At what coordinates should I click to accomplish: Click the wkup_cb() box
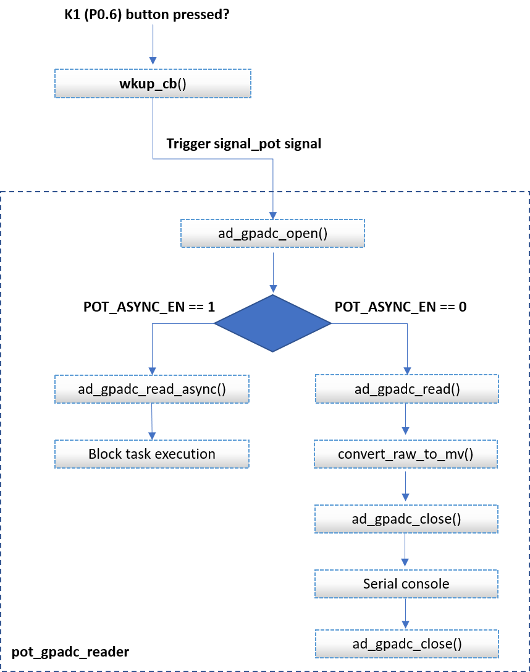pos(153,83)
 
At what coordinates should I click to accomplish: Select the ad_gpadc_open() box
pos(272,234)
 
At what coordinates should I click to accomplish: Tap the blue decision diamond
pos(272,323)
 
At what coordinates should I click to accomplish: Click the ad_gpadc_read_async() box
pos(152,389)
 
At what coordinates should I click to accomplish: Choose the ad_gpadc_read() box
pos(406,389)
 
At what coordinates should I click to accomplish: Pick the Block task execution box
pos(152,454)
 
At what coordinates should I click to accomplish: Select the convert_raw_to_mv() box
pos(405,454)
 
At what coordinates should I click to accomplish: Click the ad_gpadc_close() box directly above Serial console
pos(406,519)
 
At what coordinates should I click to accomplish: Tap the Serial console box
pos(406,584)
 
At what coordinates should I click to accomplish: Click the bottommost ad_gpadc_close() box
pos(406,644)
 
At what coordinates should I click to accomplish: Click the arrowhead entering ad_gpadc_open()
pos(272,212)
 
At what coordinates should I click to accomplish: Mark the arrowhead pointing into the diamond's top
pos(272,288)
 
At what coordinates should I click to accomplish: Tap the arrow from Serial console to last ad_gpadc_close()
pos(406,614)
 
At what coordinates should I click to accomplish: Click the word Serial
pos(379,584)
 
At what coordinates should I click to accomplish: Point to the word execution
pos(185,454)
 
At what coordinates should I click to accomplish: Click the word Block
pos(105,454)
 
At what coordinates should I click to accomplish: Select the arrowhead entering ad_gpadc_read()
pos(406,370)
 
